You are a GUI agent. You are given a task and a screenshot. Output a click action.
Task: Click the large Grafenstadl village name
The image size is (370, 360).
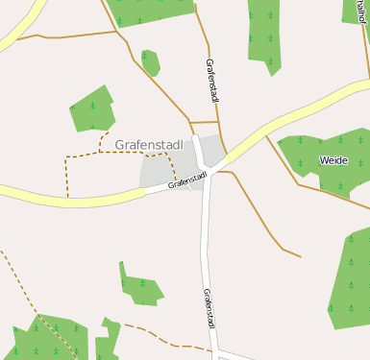pyautogui.click(x=149, y=145)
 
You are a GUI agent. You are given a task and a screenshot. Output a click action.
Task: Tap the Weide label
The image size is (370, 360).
pyautogui.click(x=333, y=160)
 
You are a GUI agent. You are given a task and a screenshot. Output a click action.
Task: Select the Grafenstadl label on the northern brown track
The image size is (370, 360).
pyautogui.click(x=212, y=81)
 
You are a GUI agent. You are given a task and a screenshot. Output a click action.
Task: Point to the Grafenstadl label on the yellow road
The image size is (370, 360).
pyautogui.click(x=187, y=180)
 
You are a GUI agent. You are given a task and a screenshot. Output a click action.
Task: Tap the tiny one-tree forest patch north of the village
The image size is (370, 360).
pyautogui.click(x=149, y=60)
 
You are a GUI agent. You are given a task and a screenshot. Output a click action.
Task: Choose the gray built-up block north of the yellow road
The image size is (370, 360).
pyautogui.click(x=212, y=149)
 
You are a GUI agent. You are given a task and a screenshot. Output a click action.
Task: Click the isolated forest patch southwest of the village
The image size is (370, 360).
pyautogui.click(x=138, y=285)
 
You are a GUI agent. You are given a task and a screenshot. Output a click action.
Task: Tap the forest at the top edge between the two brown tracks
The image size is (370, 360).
pyautogui.click(x=154, y=11)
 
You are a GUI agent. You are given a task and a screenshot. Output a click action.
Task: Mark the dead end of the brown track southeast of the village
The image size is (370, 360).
pyautogui.click(x=301, y=256)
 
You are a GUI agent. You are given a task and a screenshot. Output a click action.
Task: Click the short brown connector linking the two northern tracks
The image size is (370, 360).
pyautogui.click(x=204, y=122)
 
